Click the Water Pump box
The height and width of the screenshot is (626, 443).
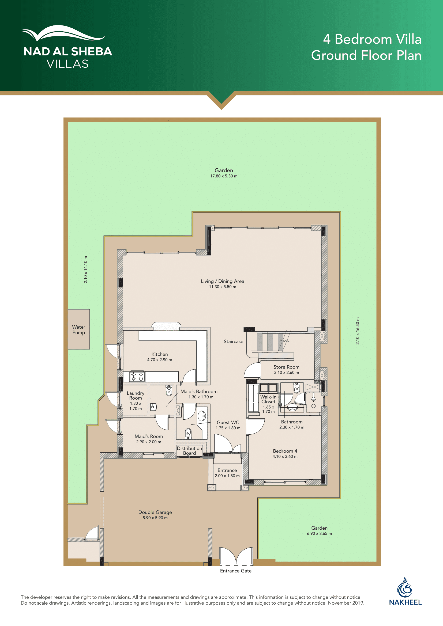click(x=78, y=329)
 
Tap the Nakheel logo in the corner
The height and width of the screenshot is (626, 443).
click(x=405, y=591)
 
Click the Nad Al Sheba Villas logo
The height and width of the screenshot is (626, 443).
click(x=68, y=47)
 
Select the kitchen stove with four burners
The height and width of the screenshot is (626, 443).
click(x=137, y=376)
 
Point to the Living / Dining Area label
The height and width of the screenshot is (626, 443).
click(x=223, y=281)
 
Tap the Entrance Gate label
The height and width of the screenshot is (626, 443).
click(x=236, y=571)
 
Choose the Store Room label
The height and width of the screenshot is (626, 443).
click(x=286, y=367)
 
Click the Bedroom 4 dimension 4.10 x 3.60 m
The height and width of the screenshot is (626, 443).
click(x=285, y=456)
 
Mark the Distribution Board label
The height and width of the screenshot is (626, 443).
click(x=189, y=451)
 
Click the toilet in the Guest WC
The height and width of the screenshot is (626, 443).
click(x=188, y=434)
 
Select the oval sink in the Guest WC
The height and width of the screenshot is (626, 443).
click(x=202, y=416)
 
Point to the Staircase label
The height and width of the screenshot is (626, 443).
click(x=234, y=341)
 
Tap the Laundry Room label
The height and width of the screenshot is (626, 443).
click(x=136, y=395)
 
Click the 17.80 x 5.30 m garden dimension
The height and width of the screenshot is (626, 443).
click(x=224, y=176)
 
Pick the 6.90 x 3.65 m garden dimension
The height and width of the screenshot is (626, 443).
click(x=320, y=534)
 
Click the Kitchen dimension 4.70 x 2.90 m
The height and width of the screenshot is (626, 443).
click(x=160, y=360)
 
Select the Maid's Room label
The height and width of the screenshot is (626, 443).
click(x=149, y=436)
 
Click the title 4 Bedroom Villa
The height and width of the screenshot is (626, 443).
click(x=372, y=39)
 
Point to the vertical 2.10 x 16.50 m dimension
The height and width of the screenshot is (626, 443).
click(x=357, y=331)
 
